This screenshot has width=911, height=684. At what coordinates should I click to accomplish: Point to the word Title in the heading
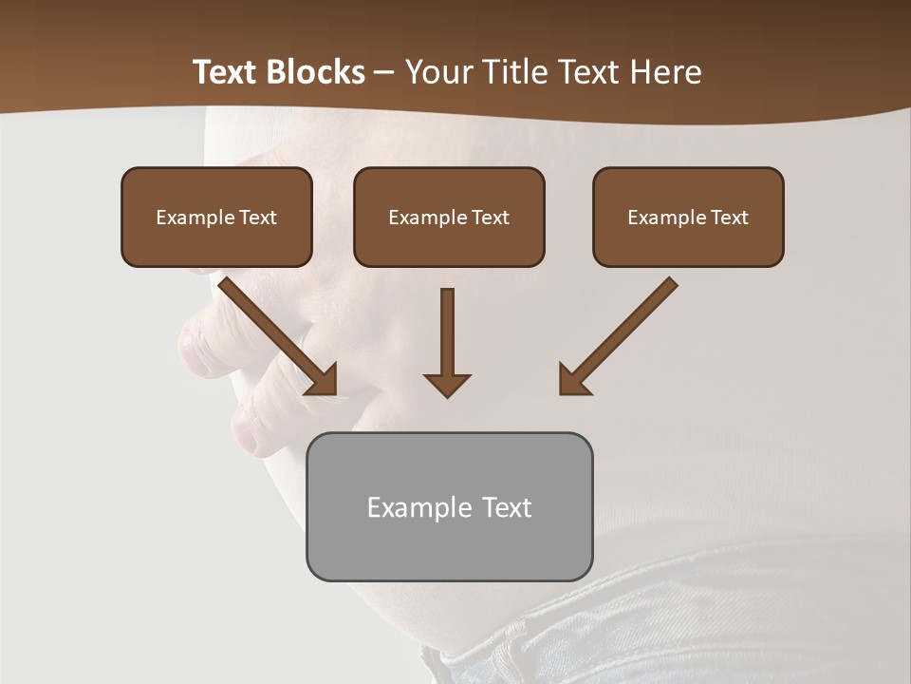[x=513, y=72]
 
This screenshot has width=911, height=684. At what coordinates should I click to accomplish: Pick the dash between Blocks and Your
[x=384, y=73]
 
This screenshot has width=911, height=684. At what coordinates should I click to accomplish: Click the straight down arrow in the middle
[x=447, y=337]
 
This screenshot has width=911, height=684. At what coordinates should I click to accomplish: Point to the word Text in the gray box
[x=507, y=507]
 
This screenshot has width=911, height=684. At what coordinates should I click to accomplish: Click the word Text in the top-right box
[x=729, y=218]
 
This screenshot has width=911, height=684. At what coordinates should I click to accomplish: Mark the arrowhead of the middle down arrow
[x=447, y=384]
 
